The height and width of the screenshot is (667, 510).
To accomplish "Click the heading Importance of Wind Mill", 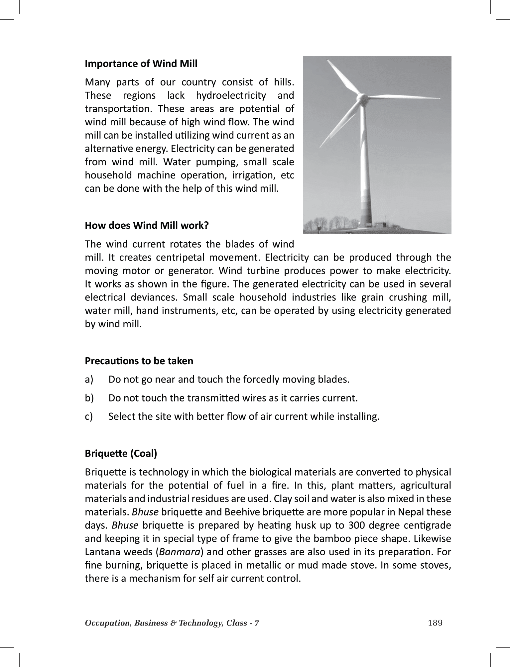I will click(x=141, y=63).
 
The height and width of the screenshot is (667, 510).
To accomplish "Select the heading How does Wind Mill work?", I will click(x=147, y=225).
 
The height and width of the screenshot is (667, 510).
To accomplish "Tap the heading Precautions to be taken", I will click(x=139, y=361).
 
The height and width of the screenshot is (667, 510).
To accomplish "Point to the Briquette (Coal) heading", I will click(x=121, y=453).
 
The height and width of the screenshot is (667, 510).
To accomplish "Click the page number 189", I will click(x=435, y=623).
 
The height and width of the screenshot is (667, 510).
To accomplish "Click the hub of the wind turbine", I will click(x=360, y=97).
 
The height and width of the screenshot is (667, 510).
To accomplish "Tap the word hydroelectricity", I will click(x=231, y=95).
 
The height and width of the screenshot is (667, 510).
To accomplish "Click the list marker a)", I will click(x=89, y=380).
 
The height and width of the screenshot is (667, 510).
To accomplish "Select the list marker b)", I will click(x=89, y=398).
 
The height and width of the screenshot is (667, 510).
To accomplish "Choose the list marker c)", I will click(x=89, y=416).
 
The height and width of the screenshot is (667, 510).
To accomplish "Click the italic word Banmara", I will click(x=180, y=552).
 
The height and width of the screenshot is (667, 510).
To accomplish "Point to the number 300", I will click(x=357, y=525).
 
